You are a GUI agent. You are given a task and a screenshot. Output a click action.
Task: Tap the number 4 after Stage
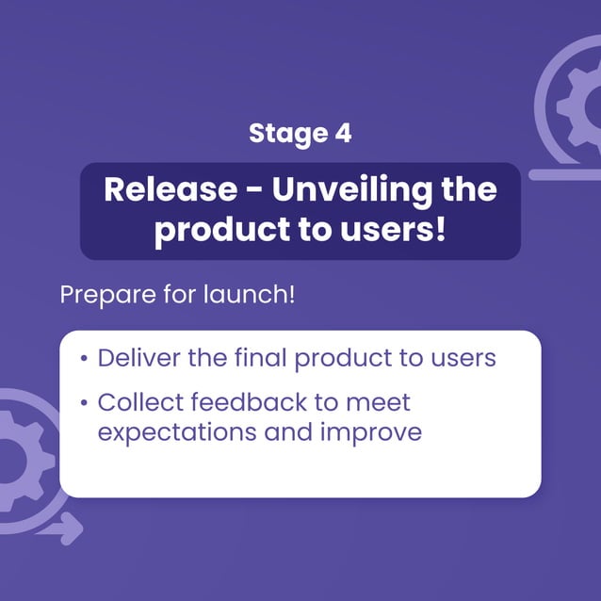coord(343,134)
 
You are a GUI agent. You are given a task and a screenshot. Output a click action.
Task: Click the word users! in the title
coord(400,231)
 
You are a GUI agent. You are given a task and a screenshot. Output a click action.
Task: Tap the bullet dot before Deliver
coord(85,360)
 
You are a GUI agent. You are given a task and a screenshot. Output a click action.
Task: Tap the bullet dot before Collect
coord(85,404)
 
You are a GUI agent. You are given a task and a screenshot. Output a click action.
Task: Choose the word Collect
coord(139,403)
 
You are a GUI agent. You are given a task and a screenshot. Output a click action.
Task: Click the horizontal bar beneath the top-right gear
coord(565,174)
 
